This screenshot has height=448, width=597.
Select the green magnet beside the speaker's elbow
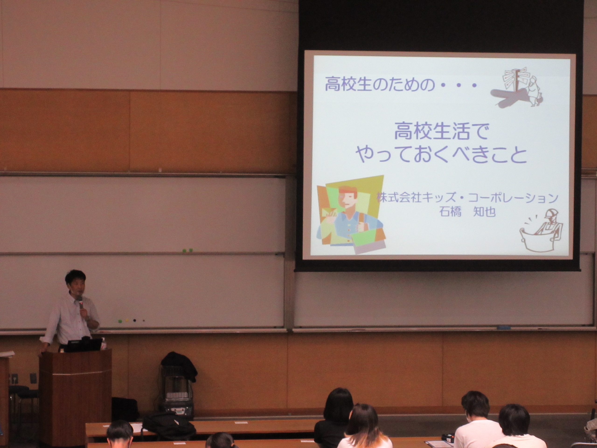(120, 321)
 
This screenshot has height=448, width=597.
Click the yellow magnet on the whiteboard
(127, 321)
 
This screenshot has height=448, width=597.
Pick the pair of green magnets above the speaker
(187, 250)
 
